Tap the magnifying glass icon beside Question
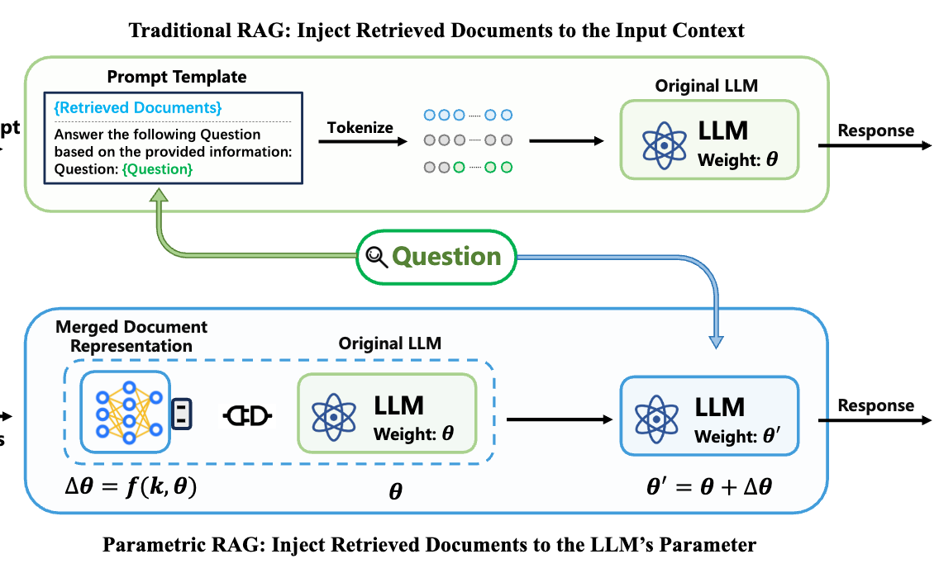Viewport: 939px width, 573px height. (377, 258)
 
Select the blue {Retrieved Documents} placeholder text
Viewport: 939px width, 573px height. (138, 108)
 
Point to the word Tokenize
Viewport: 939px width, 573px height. (360, 128)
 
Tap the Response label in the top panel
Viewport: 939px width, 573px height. (876, 130)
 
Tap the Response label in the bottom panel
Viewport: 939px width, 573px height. (876, 405)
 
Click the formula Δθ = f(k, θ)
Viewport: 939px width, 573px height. (131, 487)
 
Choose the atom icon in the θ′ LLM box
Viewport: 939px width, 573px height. (655, 418)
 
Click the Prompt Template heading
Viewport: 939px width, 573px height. (177, 77)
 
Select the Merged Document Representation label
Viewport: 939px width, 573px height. (131, 336)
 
